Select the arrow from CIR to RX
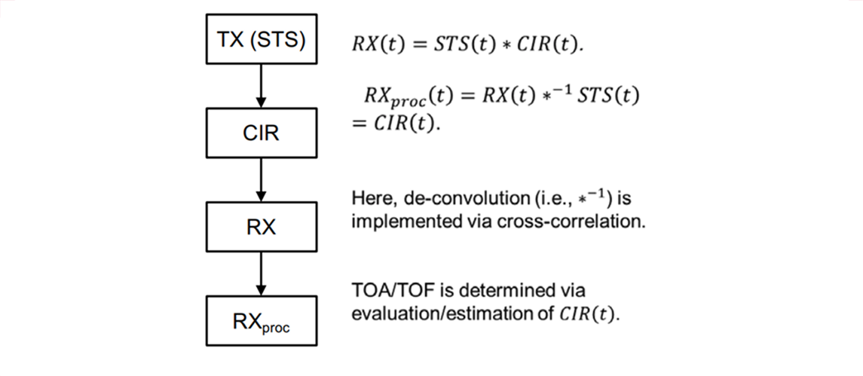[260, 179]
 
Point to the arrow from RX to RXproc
[260, 273]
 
